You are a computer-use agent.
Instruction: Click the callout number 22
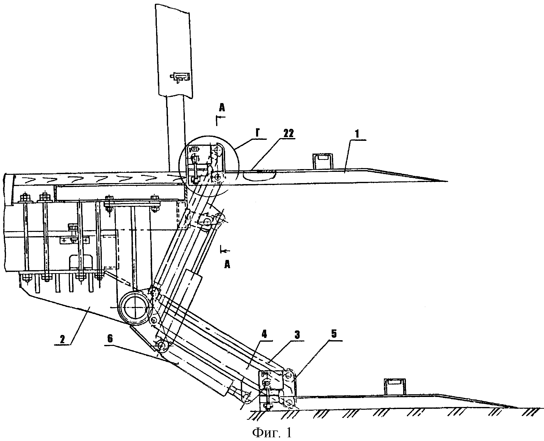[x=288, y=133]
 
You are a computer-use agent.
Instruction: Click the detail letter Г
[x=258, y=133]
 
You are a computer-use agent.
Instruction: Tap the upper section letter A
[x=222, y=108]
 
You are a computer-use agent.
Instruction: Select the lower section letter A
[x=227, y=265]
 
